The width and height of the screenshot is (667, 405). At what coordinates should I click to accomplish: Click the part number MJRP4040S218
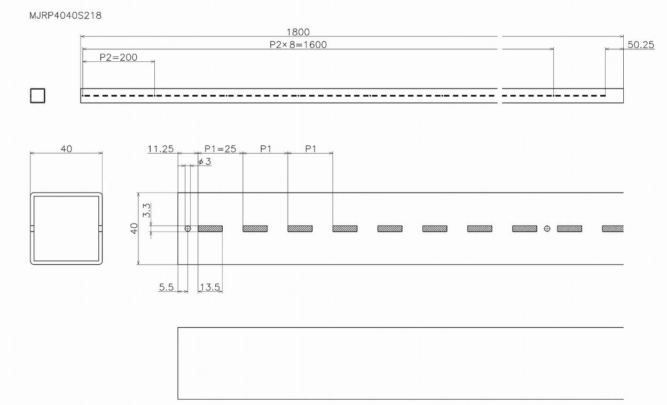65,15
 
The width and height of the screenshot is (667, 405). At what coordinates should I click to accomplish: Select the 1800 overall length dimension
298,32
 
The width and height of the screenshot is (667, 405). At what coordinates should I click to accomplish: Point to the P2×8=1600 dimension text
298,45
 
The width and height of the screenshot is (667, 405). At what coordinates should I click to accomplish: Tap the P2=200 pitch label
118,57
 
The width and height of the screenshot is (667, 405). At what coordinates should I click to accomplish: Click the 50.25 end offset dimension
641,45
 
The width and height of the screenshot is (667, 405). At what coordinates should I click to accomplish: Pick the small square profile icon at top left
37,96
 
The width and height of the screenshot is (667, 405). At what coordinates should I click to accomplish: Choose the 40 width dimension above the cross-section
66,148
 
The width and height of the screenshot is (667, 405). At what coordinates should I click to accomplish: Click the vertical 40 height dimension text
134,228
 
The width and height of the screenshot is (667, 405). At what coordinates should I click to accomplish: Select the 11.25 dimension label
161,149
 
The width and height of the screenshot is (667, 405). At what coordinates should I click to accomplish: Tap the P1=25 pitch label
221,149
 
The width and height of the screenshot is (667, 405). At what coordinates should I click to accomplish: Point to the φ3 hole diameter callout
205,162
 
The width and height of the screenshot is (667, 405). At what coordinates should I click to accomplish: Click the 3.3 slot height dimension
147,210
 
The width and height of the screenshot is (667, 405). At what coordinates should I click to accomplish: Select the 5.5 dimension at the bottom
166,287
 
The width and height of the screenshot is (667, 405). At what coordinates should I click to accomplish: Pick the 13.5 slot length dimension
210,287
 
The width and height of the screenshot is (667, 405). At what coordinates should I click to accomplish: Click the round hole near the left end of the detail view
187,228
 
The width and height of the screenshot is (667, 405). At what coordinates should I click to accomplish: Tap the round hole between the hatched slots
547,228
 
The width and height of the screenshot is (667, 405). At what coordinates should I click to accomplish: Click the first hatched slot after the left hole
210,228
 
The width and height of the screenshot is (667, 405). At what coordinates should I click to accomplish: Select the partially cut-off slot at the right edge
613,228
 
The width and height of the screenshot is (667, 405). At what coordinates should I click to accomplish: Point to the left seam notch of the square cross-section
32,228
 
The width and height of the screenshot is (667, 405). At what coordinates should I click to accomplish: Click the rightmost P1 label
311,149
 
